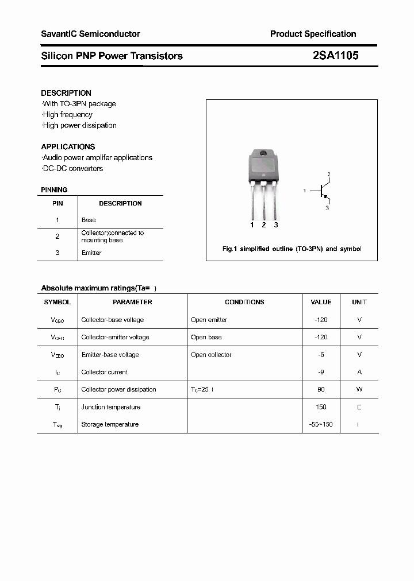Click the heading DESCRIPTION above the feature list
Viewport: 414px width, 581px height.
click(66, 93)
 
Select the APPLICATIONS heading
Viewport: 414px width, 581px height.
click(68, 146)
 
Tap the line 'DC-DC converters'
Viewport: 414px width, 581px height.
click(72, 168)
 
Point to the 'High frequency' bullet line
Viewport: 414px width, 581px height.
click(67, 115)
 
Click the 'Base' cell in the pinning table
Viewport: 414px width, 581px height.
click(89, 220)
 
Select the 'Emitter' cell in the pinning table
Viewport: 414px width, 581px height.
click(91, 253)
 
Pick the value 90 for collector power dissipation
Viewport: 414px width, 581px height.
click(321, 389)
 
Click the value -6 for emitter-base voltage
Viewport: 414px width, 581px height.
click(321, 355)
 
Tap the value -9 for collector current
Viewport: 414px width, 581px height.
click(321, 372)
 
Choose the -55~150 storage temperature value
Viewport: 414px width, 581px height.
click(321, 424)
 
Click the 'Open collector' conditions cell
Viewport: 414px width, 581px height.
click(211, 355)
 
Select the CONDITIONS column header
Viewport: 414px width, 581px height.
click(244, 302)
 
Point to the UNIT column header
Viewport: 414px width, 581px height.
click(359, 302)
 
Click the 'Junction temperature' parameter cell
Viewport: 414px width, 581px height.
click(110, 407)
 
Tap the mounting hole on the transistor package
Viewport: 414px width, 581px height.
click(263, 153)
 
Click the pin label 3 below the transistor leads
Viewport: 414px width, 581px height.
click(276, 225)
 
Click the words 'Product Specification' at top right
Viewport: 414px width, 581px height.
click(313, 34)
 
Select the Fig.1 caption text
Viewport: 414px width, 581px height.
click(292, 249)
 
